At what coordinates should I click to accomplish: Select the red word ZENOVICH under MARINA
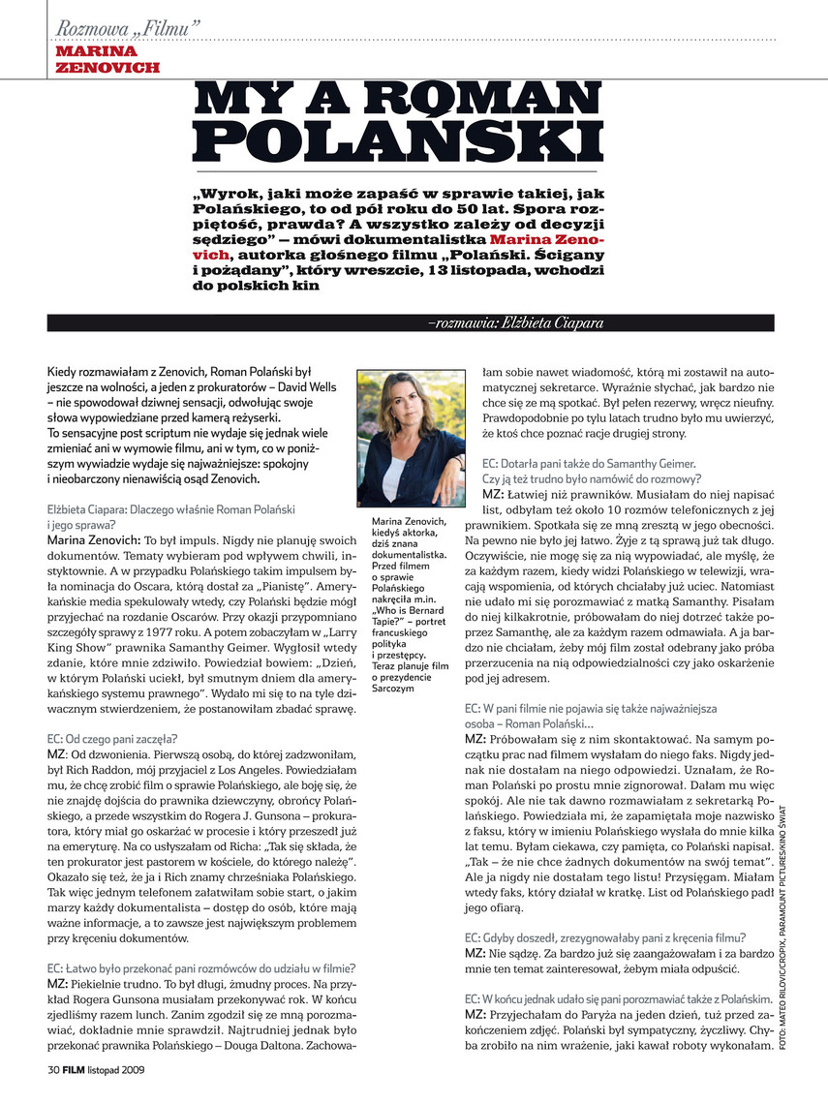pyautogui.click(x=107, y=68)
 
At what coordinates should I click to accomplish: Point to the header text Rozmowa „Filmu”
pyautogui.click(x=130, y=29)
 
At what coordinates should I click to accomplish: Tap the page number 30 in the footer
pyautogui.click(x=54, y=1070)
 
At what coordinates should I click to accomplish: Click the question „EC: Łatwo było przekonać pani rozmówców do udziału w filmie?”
pyautogui.click(x=201, y=966)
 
